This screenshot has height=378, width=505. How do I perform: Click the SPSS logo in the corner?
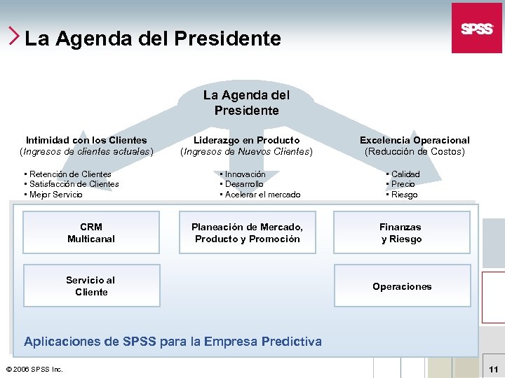(x=476, y=28)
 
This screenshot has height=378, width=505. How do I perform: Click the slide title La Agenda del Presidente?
(x=152, y=38)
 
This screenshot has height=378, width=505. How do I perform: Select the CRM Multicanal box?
(x=91, y=233)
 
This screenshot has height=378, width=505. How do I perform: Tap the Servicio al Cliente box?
(x=91, y=286)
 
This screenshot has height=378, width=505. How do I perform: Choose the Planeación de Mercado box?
(x=247, y=233)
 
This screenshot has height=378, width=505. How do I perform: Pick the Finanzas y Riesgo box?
(x=401, y=233)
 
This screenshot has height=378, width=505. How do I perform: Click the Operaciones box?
(x=402, y=286)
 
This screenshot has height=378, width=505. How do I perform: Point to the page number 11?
(x=493, y=369)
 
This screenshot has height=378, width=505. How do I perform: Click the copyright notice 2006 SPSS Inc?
(x=34, y=369)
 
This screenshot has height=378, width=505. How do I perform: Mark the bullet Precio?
(x=403, y=184)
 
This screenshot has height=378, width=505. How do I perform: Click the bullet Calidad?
(x=405, y=174)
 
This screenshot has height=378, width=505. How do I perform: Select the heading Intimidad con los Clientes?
(x=86, y=140)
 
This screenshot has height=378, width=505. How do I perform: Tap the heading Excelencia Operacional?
(x=415, y=140)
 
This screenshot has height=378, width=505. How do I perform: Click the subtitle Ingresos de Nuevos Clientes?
(x=246, y=151)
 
